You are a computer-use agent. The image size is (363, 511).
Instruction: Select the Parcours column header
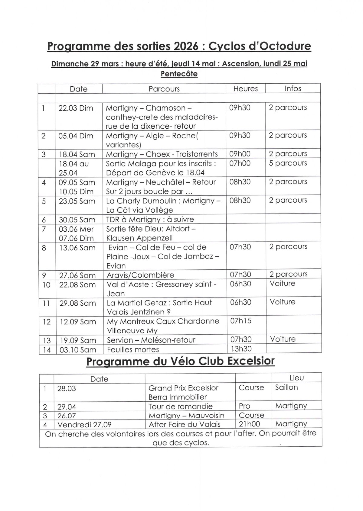tap(164, 89)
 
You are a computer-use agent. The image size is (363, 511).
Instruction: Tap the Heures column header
tap(246, 88)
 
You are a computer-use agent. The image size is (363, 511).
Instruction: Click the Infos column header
tap(293, 88)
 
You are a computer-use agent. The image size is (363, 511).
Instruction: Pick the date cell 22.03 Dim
tap(76, 108)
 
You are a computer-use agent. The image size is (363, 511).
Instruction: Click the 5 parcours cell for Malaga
tap(288, 163)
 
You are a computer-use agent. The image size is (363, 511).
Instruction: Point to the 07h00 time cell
tap(240, 163)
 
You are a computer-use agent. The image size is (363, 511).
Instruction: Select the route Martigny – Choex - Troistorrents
tap(162, 154)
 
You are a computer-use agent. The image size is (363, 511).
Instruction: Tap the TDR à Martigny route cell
tap(150, 219)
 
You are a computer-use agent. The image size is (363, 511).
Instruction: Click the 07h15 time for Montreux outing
tap(241, 321)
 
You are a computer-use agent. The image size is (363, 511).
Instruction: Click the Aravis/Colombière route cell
tap(140, 275)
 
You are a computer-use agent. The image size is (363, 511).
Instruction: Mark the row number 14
tap(47, 350)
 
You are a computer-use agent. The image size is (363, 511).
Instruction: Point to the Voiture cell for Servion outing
tap(283, 339)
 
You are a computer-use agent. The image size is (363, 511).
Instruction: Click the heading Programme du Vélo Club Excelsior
tap(180, 362)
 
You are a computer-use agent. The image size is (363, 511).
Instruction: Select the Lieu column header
tap(296, 378)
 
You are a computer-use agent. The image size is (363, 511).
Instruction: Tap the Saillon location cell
tap(286, 387)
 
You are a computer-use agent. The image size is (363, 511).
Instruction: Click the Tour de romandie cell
tap(181, 406)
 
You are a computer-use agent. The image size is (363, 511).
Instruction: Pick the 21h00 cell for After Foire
tap(249, 424)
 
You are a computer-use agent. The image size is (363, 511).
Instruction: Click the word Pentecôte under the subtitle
tap(179, 74)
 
